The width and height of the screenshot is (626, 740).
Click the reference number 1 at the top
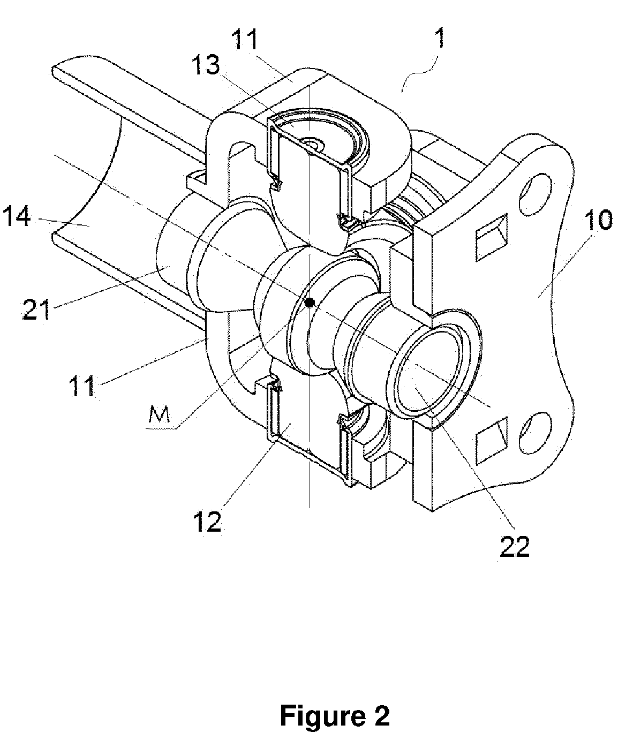[x=440, y=39]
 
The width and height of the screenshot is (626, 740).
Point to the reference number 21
[x=36, y=309]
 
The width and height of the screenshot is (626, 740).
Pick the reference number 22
[x=515, y=547]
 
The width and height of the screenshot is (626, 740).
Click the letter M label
[x=160, y=416]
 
